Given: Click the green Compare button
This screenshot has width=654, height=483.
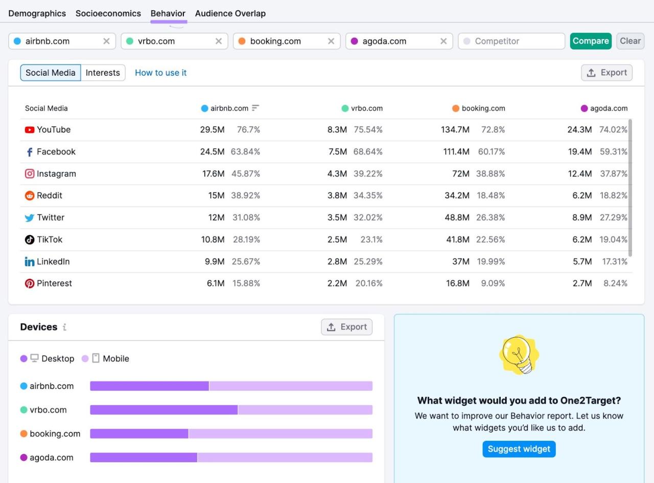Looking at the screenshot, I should (590, 41).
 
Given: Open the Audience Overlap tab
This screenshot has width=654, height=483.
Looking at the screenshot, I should (230, 13).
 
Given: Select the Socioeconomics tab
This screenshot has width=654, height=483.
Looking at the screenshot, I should (108, 13).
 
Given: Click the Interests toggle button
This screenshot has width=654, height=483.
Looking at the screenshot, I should (103, 73).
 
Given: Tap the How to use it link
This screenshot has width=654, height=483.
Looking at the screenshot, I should (160, 73).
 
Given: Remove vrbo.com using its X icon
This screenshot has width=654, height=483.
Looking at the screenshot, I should (219, 41).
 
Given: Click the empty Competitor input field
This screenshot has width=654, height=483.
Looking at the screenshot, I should (511, 41).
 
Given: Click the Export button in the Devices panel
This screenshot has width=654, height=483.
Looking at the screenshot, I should (346, 327).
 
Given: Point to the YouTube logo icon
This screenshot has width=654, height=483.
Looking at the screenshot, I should (30, 130).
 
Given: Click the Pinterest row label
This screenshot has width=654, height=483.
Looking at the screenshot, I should (54, 283).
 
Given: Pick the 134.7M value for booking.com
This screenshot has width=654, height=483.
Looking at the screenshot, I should (455, 130).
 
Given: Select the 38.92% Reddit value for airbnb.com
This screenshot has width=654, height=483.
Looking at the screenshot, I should (246, 195).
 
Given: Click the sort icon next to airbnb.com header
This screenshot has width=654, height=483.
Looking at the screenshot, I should (255, 108).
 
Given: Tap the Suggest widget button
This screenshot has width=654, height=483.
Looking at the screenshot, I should (519, 449).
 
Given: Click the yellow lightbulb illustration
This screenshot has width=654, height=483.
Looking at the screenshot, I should (519, 355).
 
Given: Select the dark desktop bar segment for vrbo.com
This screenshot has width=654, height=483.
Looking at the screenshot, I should (163, 410).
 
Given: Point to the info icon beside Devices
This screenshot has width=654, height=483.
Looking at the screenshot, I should (64, 327).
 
